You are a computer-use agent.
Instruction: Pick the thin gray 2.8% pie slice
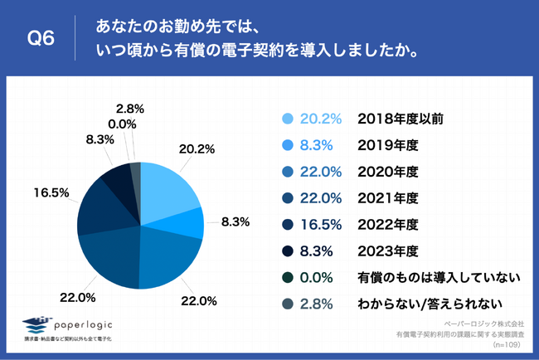pyautogui.click(x=136, y=169)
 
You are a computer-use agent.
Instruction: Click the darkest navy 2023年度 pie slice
pyautogui.click(x=115, y=178)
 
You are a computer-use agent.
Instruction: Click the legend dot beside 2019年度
pyautogui.click(x=288, y=145)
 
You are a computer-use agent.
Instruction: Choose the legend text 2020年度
pyautogui.click(x=387, y=171)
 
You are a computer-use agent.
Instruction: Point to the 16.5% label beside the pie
pyautogui.click(x=51, y=192)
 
